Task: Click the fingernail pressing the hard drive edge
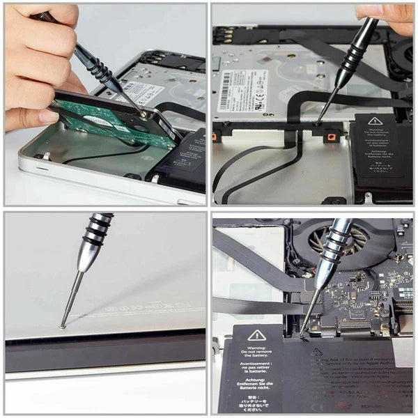coord(49,116)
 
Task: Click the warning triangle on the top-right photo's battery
coord(375,121)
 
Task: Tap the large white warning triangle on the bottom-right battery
coord(257,335)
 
